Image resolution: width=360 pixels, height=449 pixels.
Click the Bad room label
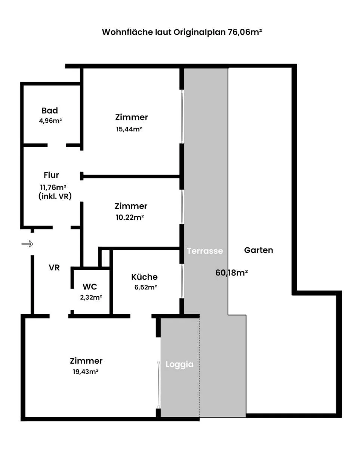(x=50, y=111)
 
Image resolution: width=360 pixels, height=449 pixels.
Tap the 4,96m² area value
(x=50, y=121)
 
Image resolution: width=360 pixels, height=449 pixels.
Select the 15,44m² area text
(x=129, y=129)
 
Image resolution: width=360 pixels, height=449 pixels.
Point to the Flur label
(x=51, y=175)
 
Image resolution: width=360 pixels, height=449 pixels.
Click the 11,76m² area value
(x=53, y=187)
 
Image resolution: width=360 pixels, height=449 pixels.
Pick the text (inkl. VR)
(x=55, y=196)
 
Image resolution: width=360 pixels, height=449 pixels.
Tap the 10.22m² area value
(x=130, y=217)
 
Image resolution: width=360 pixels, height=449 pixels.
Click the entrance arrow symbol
(x=27, y=244)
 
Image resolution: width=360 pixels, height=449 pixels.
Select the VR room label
(x=54, y=268)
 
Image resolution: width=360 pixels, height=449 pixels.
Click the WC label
(x=90, y=287)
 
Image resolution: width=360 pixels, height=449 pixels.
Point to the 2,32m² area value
(x=91, y=297)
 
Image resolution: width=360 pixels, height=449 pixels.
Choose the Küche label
(x=144, y=277)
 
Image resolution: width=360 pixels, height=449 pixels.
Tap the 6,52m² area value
(x=145, y=287)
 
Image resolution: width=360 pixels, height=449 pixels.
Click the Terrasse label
(x=205, y=251)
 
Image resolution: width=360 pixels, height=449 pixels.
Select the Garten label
(x=258, y=250)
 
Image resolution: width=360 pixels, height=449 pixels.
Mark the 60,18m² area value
(x=232, y=273)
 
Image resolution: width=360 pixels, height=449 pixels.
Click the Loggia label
(x=179, y=364)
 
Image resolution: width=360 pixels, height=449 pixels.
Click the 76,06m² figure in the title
(x=245, y=32)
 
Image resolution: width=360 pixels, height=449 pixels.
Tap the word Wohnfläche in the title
(x=127, y=32)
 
